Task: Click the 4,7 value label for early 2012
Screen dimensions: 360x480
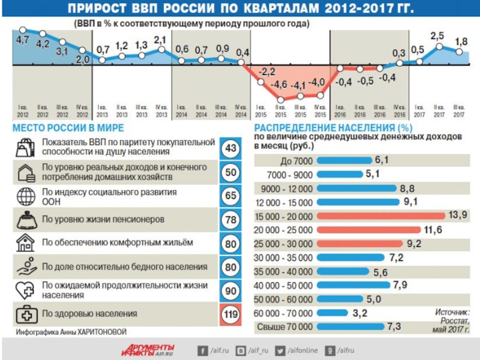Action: tap(23, 40)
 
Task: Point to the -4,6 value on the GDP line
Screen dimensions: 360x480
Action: tap(280, 83)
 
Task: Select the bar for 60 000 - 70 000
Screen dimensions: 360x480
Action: tap(332, 313)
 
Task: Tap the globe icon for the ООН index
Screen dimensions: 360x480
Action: tap(26, 196)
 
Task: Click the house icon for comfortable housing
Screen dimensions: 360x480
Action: tap(26, 242)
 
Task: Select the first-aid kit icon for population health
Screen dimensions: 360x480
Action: tap(26, 313)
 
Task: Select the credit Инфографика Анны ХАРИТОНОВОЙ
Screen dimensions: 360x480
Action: tap(71, 332)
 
